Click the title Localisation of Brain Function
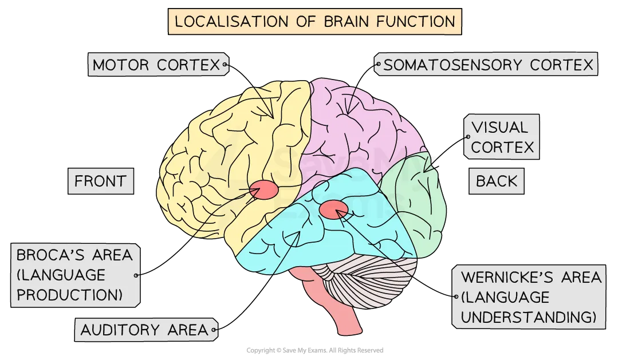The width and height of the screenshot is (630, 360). click(314, 22)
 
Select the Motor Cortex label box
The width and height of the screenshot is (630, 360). click(156, 65)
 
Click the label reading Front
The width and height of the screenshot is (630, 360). click(100, 181)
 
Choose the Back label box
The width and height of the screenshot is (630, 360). click(497, 181)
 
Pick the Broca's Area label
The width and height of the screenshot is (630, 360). click(74, 275)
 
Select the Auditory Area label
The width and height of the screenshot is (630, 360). click(144, 330)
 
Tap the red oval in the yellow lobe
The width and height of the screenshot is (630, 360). click(264, 189)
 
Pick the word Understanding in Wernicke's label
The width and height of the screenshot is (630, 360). click(528, 317)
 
